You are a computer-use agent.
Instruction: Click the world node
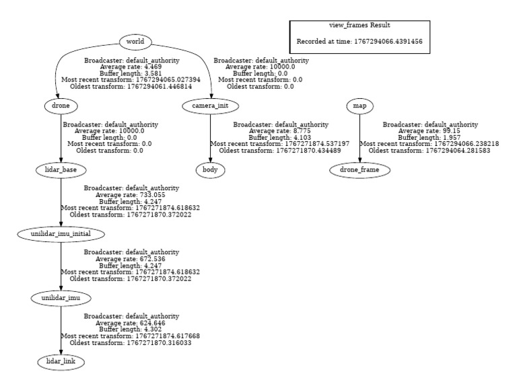(x=135, y=42)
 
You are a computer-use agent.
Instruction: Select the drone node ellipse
(x=61, y=106)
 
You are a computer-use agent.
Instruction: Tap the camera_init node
(x=210, y=106)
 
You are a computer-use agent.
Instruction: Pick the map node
(x=359, y=106)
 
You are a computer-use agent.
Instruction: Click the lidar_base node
(x=61, y=170)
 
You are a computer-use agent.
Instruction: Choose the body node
(x=210, y=170)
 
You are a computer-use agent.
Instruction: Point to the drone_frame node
(x=359, y=170)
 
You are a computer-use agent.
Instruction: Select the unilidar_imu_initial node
(x=61, y=234)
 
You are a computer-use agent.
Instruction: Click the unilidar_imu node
(x=61, y=298)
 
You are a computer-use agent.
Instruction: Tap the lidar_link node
(x=61, y=362)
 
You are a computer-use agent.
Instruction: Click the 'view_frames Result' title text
(x=359, y=26)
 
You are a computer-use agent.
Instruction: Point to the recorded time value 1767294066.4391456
(x=388, y=42)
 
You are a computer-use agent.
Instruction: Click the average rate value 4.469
(x=153, y=67)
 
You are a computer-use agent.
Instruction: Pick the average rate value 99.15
(x=452, y=131)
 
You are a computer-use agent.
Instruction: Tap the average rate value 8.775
(x=302, y=131)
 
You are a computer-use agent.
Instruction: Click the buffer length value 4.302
(x=153, y=329)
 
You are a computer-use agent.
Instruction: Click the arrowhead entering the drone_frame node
(x=359, y=160)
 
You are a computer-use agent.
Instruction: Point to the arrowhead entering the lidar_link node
(x=61, y=352)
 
